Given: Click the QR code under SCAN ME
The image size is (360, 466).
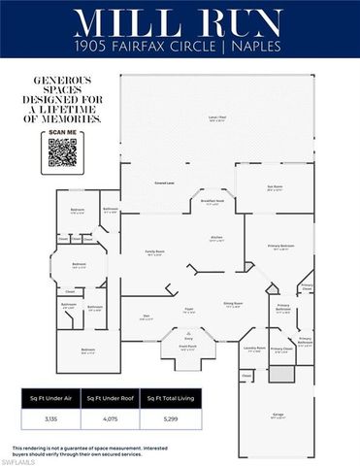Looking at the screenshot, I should pyautogui.click(x=62, y=151).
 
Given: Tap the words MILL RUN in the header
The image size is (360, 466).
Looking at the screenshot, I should pyautogui.click(x=180, y=24).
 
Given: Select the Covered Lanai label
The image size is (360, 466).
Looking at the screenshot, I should pyautogui.click(x=164, y=183).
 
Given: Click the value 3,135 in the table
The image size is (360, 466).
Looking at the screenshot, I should pyautogui.click(x=50, y=419).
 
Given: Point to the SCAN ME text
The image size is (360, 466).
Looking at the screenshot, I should pyautogui.click(x=62, y=131).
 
